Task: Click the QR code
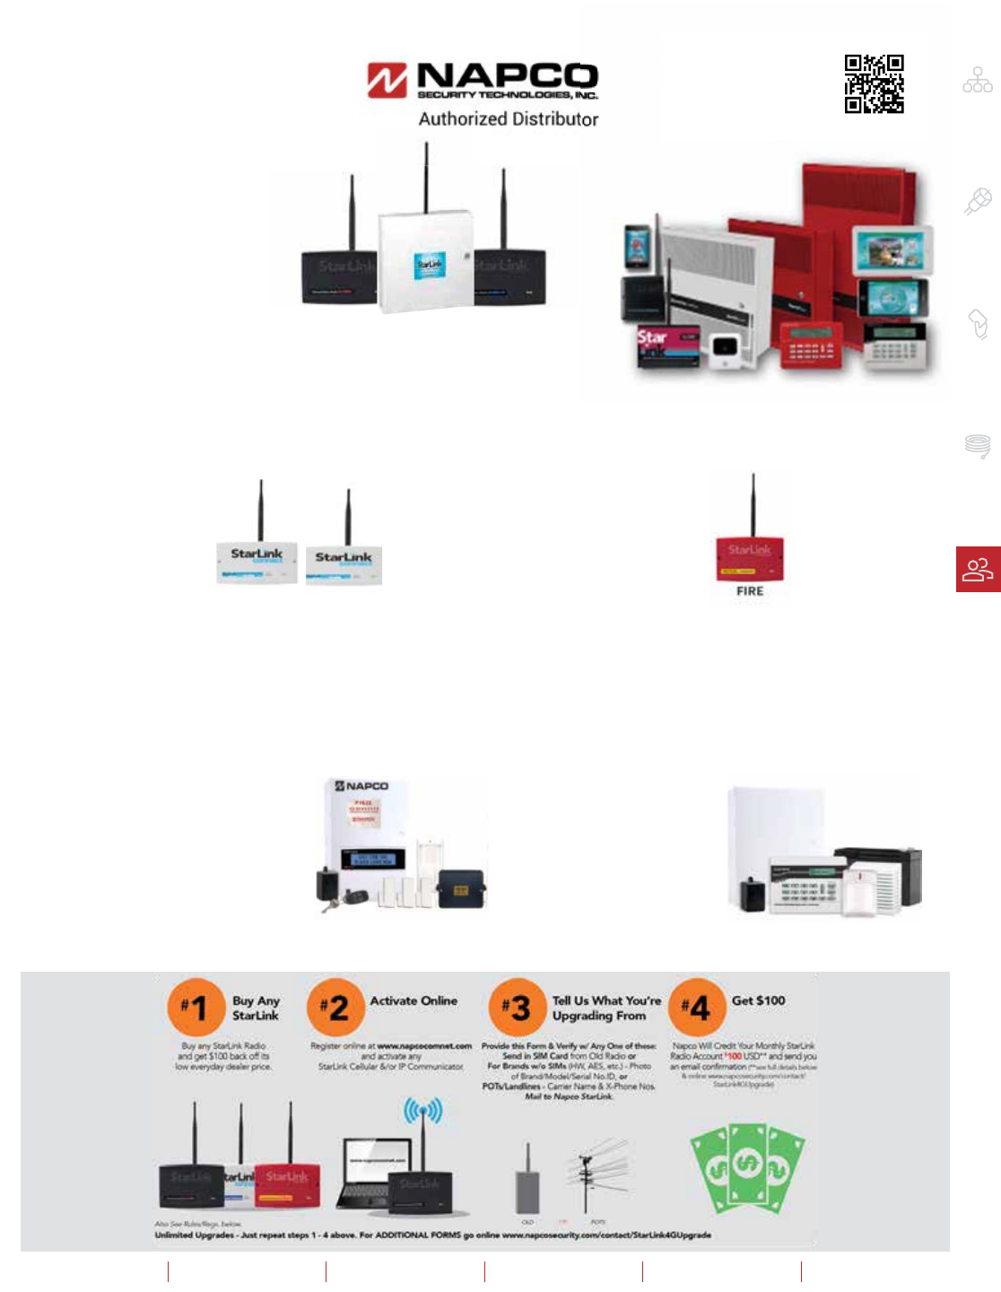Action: point(874,83)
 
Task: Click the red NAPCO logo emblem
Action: point(387,80)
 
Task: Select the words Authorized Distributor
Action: point(508,119)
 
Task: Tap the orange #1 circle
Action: point(194,1007)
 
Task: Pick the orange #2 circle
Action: point(334,1007)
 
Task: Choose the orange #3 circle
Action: point(516,1007)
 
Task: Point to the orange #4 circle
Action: point(697,1007)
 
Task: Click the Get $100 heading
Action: point(758,1000)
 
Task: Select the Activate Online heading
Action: point(413,1000)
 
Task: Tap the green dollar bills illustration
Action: point(746,1166)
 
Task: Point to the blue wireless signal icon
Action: point(422,1113)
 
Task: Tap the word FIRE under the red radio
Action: point(750,591)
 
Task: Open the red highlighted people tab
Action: point(978,569)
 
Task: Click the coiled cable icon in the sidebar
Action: point(978,445)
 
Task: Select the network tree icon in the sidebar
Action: point(978,81)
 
